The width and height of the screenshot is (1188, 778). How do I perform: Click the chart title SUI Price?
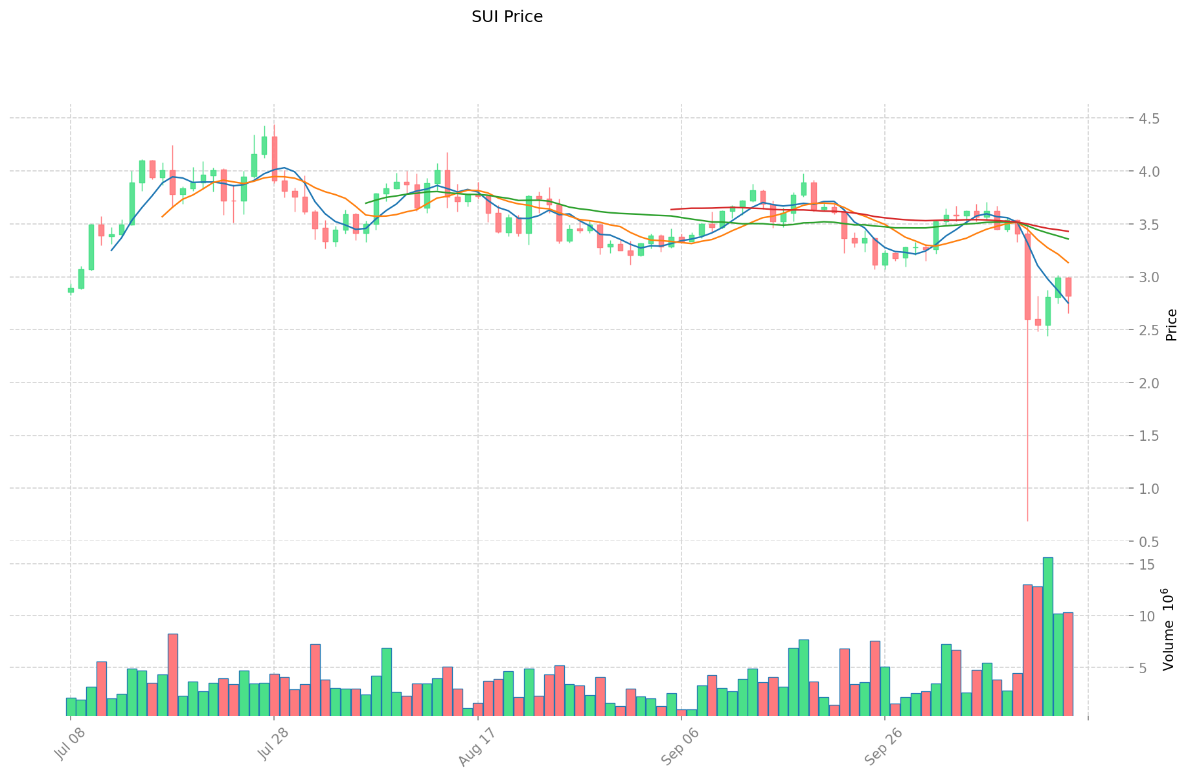tap(507, 17)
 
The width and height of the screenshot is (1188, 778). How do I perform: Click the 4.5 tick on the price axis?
tap(1147, 118)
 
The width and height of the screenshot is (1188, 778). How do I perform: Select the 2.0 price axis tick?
tap(1147, 383)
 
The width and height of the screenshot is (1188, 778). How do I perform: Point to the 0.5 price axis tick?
tap(1147, 542)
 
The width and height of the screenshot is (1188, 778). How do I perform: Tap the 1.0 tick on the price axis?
tap(1147, 489)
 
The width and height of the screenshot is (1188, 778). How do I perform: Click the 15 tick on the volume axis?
tap(1147, 564)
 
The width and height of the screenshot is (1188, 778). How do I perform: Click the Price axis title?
tap(1171, 325)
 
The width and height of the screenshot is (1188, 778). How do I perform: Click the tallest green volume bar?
tap(1047, 636)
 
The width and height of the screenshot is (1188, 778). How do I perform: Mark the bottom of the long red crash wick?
tap(1027, 520)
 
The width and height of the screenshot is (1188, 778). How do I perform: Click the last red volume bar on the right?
tap(1068, 663)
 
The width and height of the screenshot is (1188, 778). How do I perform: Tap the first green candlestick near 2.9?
tap(71, 291)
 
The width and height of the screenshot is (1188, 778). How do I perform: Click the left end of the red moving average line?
tap(672, 210)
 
